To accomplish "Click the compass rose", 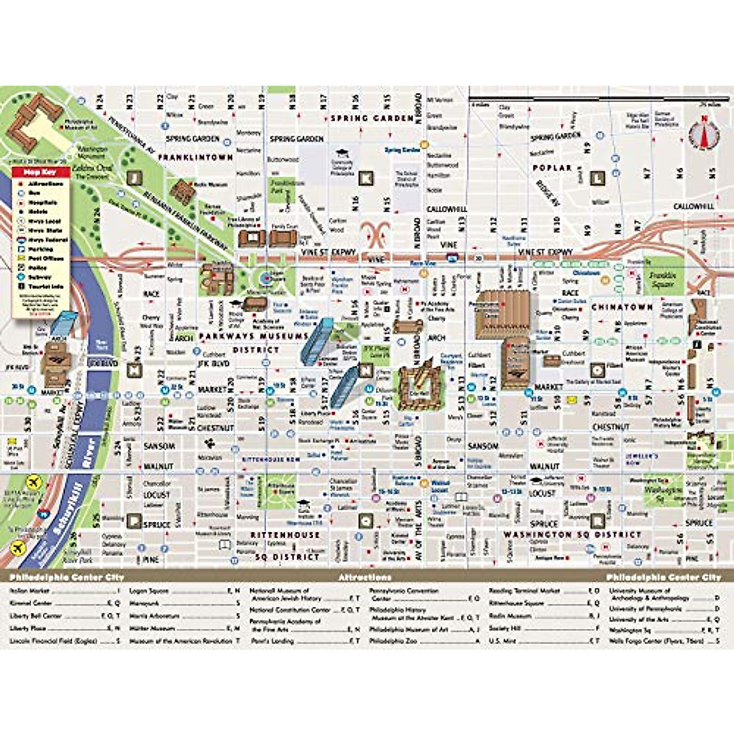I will point(703,133).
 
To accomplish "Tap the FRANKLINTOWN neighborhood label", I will point(196,158).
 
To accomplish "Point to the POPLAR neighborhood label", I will point(552,168).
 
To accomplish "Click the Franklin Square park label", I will point(662,280).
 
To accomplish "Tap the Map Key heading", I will point(39,173).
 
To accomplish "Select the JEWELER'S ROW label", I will point(641,459).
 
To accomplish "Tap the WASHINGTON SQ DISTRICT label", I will point(572,535).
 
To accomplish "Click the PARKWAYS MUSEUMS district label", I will point(254,336).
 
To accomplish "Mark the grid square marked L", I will point(598,179).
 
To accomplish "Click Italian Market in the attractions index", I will point(30,591).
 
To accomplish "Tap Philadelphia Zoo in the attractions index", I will point(392,641).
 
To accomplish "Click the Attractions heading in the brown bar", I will point(365,577).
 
